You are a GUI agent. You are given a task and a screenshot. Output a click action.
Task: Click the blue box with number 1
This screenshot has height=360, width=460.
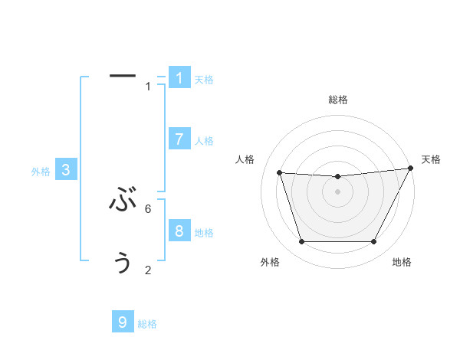pos(179,78)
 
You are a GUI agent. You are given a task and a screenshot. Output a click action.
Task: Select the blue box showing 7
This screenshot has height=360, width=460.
pos(179,139)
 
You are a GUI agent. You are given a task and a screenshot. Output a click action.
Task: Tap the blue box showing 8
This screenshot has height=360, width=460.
pos(179,231)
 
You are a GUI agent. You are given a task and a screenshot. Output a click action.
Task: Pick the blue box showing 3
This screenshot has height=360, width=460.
pos(66,170)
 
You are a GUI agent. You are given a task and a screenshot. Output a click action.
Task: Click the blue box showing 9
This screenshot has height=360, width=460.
pos(123,322)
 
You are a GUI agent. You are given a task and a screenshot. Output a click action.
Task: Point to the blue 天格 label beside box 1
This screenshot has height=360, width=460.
pos(204,80)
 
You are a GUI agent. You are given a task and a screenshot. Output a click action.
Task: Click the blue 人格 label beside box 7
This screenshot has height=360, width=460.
pos(204,141)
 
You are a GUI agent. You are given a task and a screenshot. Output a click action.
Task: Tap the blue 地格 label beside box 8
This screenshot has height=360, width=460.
pos(204,233)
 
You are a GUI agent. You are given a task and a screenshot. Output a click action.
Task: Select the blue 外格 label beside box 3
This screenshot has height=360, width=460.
pos(41,172)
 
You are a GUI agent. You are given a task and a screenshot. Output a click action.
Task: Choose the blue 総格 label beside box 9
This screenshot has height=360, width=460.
pos(147,325)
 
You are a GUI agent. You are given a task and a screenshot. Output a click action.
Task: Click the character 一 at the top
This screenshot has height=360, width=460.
pos(123,75)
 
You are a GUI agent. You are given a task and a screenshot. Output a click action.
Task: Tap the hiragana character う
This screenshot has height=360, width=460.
pos(123,263)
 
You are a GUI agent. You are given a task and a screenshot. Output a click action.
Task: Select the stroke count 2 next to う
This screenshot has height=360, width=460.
pos(148,270)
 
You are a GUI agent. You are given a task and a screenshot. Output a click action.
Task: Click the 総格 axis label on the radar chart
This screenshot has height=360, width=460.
pos(337,100)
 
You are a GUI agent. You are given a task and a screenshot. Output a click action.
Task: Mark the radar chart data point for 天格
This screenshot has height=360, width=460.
pos(411,169)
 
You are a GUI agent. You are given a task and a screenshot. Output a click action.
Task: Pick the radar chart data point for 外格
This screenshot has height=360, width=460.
pos(301,242)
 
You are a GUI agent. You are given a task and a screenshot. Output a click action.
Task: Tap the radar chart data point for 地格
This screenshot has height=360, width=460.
pos(374,242)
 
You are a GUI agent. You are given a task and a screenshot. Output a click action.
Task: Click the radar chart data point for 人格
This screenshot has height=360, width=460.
pos(279,173)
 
